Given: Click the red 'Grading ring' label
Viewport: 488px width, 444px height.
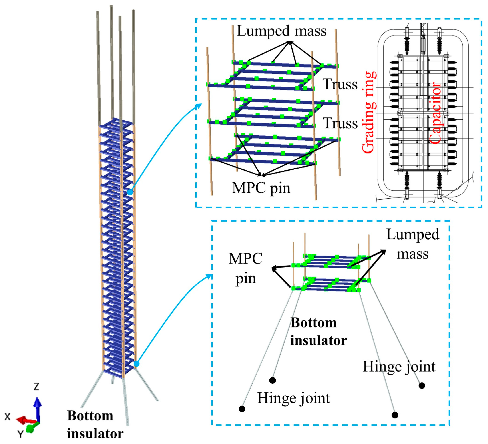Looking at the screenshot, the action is point(369,112).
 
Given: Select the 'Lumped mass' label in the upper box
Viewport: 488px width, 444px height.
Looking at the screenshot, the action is point(282,31).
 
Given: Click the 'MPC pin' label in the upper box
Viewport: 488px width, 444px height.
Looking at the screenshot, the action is point(261,188).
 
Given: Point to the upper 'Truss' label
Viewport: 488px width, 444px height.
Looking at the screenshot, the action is point(340,84).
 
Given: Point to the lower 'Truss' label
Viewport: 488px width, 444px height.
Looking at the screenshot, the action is point(340,123).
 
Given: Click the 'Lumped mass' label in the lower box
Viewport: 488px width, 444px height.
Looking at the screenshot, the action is point(412,244).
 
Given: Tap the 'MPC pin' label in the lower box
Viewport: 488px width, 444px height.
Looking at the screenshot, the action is point(246,269).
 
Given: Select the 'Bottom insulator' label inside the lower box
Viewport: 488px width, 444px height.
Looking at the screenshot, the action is point(319,332).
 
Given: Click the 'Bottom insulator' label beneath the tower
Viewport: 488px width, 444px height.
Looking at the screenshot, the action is point(95,424).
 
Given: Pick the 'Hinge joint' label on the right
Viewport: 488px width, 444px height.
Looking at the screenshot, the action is point(399,367).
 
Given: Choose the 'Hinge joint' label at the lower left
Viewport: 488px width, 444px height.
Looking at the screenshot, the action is point(293,398).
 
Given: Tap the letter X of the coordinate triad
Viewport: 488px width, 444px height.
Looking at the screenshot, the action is point(8,417).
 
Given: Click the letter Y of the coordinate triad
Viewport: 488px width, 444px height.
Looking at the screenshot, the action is point(20,434).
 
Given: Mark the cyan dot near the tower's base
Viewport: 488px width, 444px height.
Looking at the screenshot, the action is point(136,364).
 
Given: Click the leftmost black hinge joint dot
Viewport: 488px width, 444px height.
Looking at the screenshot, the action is point(242,409).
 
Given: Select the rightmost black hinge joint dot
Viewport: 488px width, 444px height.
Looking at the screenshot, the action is point(422,385).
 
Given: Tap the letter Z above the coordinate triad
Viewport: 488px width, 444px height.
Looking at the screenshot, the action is point(36,387).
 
